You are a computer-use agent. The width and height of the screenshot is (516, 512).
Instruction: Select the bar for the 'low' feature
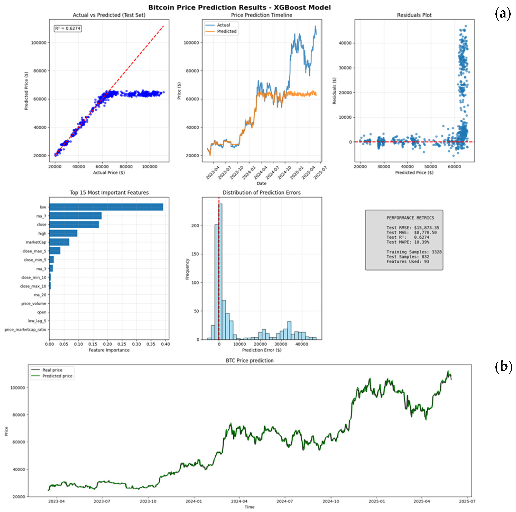pos(106,207)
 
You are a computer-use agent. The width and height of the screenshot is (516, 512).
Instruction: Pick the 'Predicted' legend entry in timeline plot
pos(227,31)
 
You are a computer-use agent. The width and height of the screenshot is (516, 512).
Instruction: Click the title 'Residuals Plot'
pos(414,15)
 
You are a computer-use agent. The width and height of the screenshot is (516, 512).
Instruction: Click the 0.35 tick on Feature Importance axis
pos(151,344)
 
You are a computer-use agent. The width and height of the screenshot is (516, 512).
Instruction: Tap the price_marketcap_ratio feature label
pos(25,329)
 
